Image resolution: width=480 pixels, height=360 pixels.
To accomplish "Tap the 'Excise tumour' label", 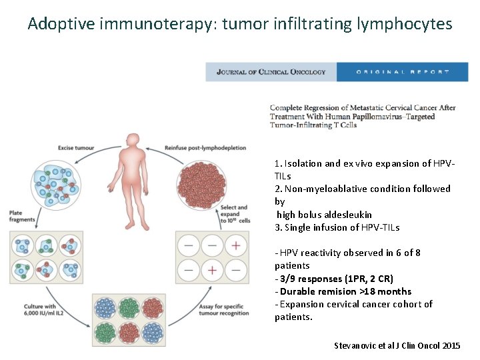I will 75,147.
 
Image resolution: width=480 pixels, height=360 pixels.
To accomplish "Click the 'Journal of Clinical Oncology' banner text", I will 271,72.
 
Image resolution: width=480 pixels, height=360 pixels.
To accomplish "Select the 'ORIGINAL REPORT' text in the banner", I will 403,72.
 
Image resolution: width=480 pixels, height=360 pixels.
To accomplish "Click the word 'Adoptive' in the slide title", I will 61,25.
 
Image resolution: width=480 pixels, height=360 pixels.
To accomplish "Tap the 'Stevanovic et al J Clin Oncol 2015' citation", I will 397,345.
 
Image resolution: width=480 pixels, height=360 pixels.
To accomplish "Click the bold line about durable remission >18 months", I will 345,291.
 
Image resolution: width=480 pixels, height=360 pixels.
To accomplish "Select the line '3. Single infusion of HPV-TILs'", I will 337,227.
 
